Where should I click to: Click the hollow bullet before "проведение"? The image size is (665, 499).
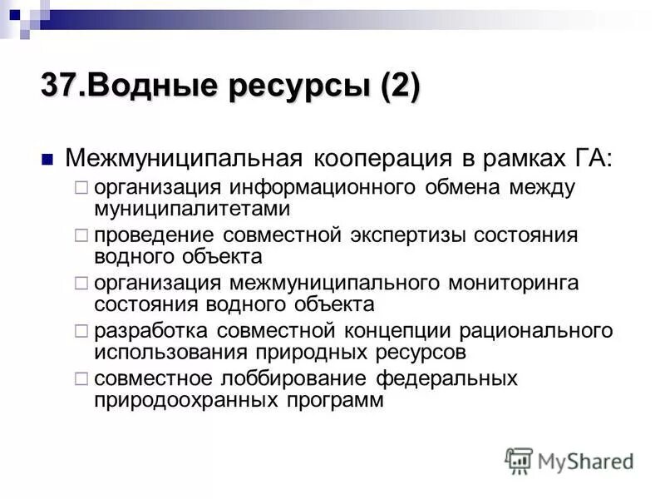pyautogui.click(x=81, y=236)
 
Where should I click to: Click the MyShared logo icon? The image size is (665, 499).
pyautogui.click(x=519, y=460)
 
